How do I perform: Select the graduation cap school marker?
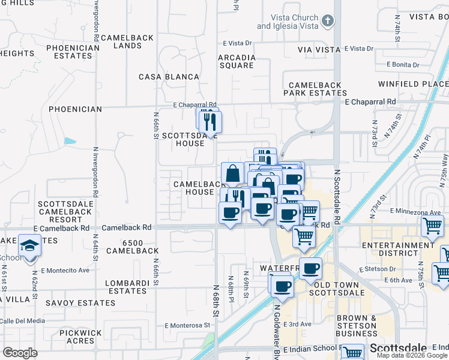click(29, 245)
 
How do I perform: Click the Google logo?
click(20, 352)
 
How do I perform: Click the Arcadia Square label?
click(237, 61)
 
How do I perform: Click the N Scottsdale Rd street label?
click(337, 197)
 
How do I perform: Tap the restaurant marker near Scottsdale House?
click(209, 121)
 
